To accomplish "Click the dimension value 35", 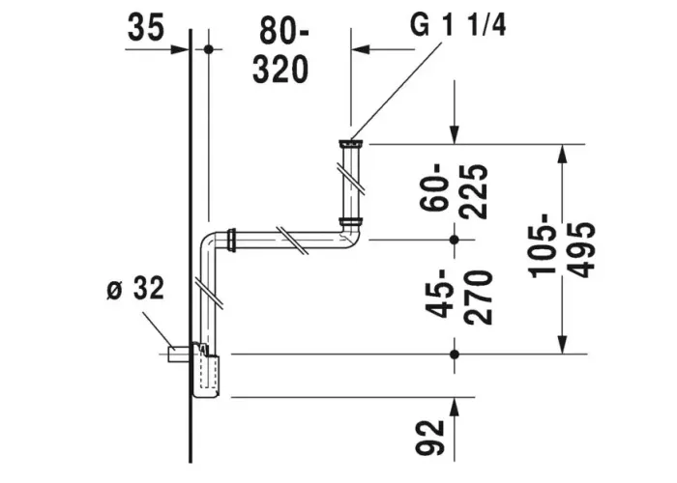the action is click(146, 26).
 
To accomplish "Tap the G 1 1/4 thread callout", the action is click(457, 25).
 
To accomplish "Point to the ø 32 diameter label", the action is click(135, 289).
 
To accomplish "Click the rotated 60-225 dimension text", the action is click(454, 191).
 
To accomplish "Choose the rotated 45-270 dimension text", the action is click(458, 298).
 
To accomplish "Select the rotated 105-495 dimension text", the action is click(562, 249).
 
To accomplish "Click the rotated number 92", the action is click(429, 438).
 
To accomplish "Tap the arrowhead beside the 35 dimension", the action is click(181, 49).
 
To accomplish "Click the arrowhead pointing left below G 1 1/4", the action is click(361, 49).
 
